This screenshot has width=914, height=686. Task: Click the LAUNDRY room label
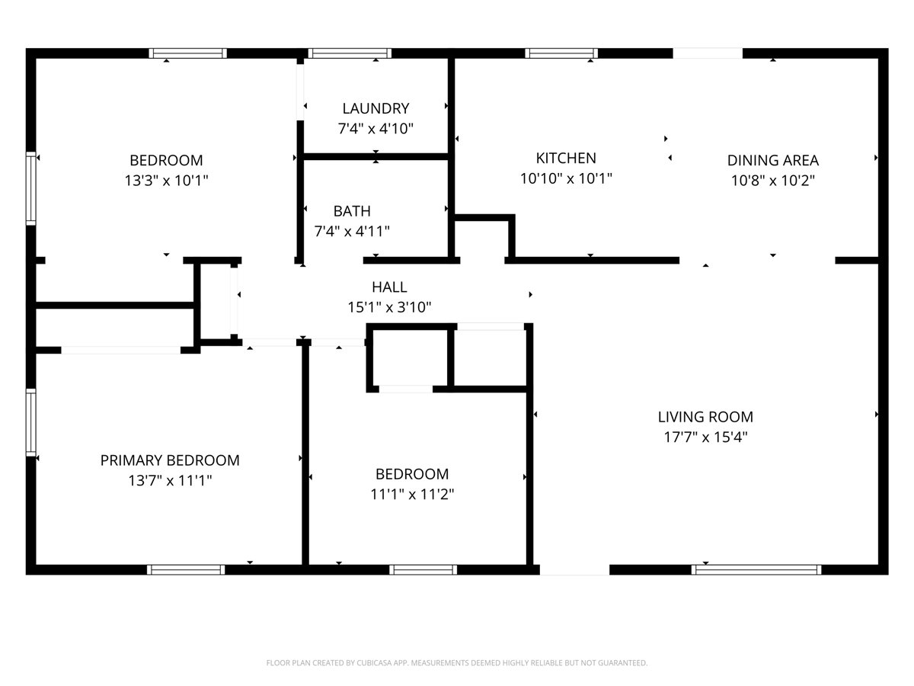click(x=376, y=108)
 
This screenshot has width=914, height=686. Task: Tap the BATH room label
click(x=352, y=211)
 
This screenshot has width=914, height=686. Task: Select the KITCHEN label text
click(x=566, y=158)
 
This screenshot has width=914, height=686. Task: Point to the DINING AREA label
click(x=772, y=160)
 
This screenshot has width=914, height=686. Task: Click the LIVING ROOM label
click(x=705, y=417)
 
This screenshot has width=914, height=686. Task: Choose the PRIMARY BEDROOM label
click(x=170, y=460)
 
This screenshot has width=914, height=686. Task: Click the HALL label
click(x=389, y=287)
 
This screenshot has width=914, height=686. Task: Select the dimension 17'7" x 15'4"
click(x=705, y=438)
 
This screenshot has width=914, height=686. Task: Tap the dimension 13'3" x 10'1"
click(x=166, y=181)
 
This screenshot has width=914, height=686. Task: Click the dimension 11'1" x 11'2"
click(x=412, y=494)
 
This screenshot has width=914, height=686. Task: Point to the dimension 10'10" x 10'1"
click(x=566, y=178)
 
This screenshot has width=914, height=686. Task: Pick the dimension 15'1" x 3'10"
click(x=389, y=307)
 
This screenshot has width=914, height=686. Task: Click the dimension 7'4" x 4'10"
click(x=376, y=129)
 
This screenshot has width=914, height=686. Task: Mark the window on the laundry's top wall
click(x=350, y=53)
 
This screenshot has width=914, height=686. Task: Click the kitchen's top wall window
click(x=561, y=53)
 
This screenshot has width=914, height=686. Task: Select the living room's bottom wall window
click(x=756, y=569)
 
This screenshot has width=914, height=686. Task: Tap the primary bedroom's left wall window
click(x=31, y=422)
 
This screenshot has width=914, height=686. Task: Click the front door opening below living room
click(x=574, y=569)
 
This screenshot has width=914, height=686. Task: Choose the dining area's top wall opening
click(x=708, y=53)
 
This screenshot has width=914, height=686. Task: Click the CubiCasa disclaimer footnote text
click(x=457, y=663)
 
